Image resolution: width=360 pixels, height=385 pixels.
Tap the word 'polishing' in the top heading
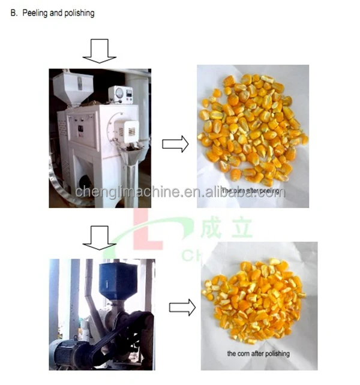78,13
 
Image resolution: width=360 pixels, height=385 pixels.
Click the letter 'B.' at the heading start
14,13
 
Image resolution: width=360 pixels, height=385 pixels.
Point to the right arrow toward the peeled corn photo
175,143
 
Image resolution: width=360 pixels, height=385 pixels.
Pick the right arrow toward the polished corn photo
182,308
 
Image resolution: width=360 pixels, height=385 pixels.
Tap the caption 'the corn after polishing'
258,354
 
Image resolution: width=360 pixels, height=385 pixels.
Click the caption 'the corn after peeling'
252,191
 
